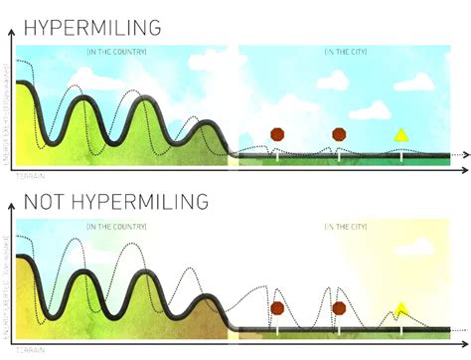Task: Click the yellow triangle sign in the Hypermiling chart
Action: tap(401, 135)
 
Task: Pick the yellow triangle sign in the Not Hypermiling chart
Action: tap(401, 309)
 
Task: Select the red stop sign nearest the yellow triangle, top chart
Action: tap(339, 134)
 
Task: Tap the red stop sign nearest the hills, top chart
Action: tap(277, 134)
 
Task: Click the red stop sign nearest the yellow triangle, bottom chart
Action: tap(339, 308)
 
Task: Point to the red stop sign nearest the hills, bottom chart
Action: tap(277, 308)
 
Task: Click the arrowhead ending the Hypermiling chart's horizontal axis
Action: tap(463, 155)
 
